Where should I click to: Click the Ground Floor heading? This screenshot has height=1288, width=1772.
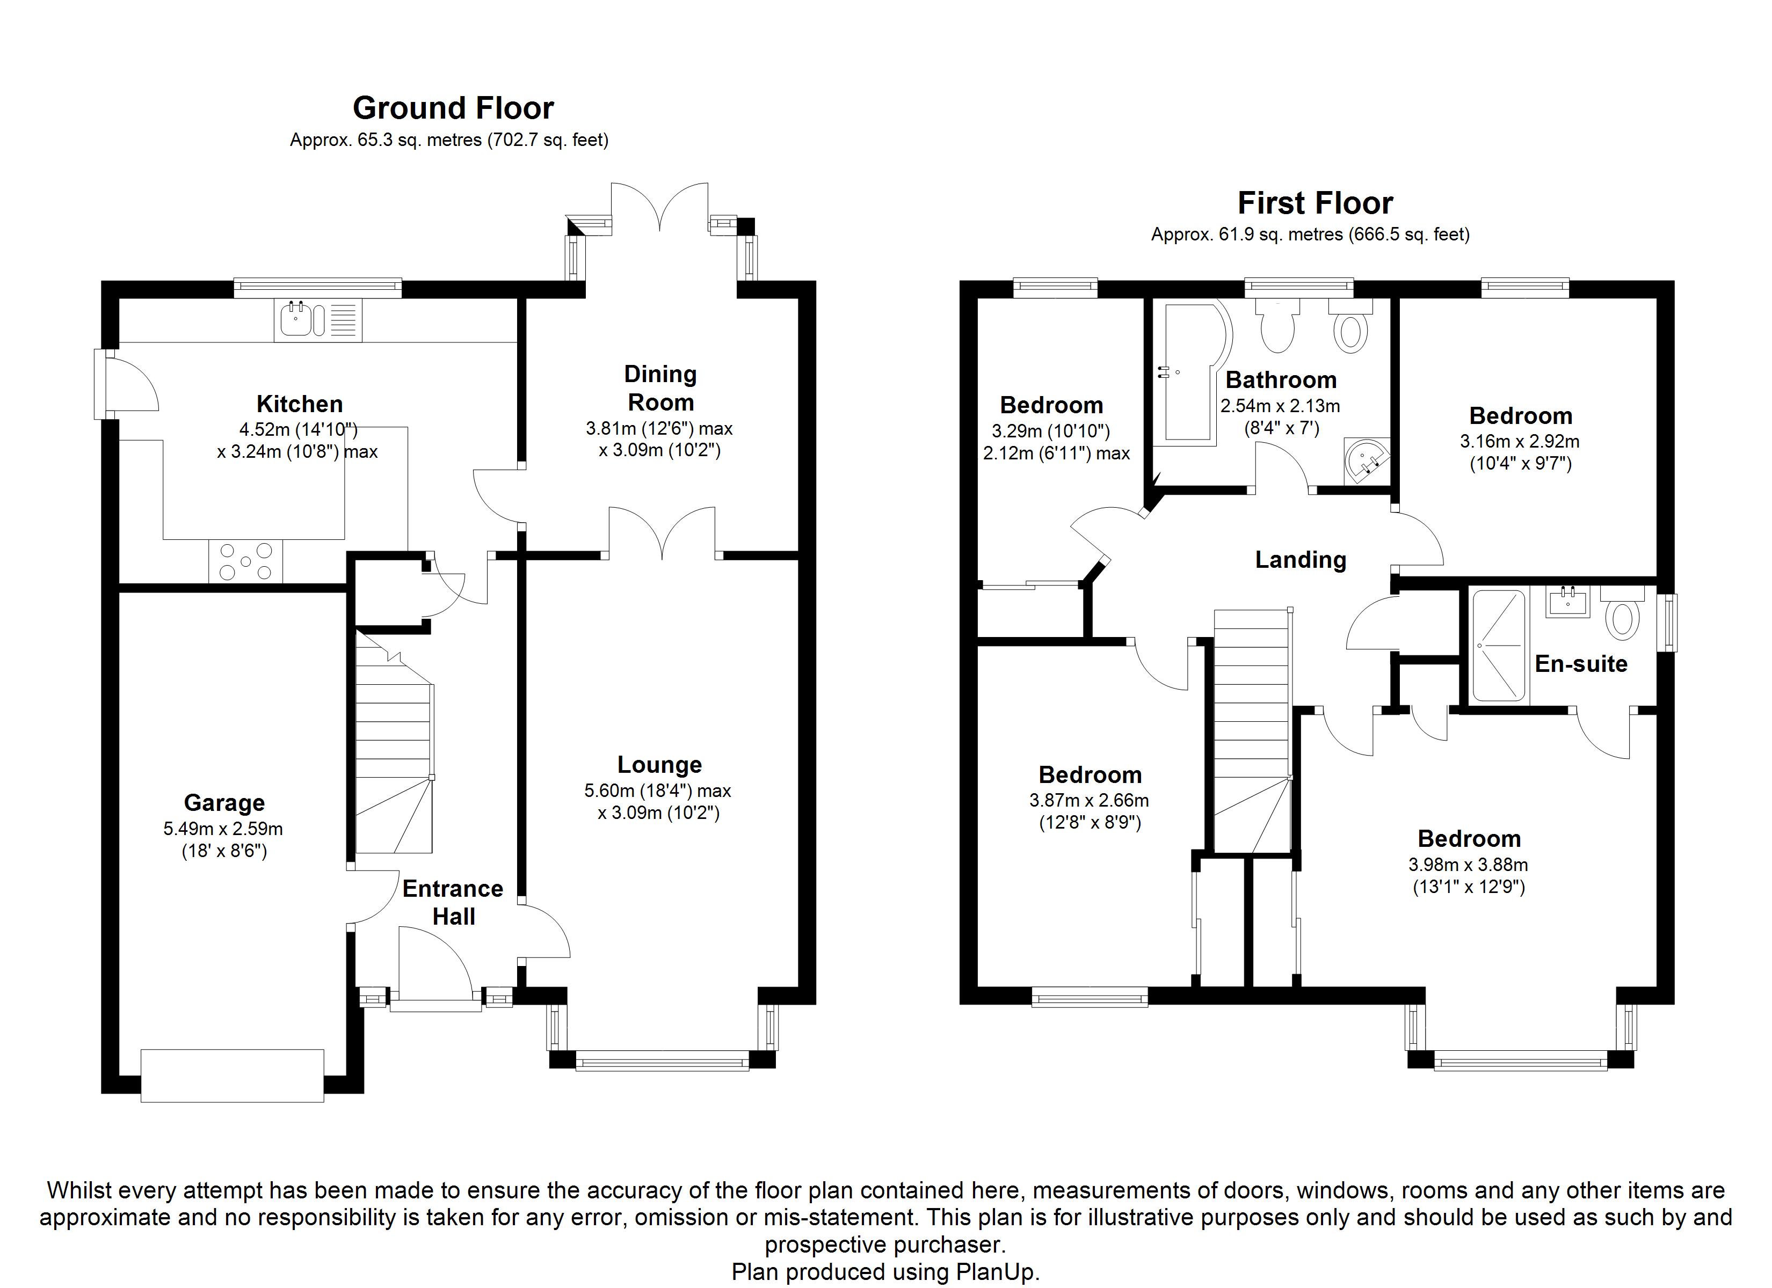click(453, 108)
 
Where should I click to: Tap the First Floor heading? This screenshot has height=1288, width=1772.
click(1315, 203)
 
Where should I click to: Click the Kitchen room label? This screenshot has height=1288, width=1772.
click(299, 404)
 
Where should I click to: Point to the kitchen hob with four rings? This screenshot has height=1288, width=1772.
click(245, 561)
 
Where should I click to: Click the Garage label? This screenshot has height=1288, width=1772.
click(224, 802)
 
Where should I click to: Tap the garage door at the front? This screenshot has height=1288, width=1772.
click(232, 1075)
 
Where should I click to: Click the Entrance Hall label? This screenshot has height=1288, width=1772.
click(453, 902)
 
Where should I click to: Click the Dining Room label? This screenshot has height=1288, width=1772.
click(660, 388)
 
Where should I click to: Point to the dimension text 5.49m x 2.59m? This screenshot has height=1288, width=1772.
click(223, 829)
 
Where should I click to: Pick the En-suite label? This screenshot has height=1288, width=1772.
click(1581, 664)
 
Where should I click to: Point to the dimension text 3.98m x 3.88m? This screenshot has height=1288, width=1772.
click(1468, 865)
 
